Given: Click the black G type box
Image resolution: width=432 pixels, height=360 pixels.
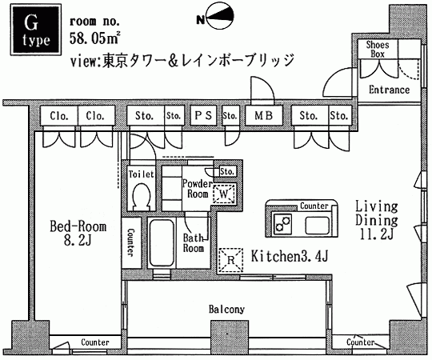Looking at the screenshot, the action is (36, 30).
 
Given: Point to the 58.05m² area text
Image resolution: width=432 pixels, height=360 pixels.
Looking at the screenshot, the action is (94, 38).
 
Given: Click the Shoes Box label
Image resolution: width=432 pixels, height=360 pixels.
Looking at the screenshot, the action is (377, 49).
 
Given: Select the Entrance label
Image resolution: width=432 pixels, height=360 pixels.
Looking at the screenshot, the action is (389, 90).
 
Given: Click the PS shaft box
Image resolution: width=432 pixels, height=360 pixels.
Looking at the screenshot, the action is (203, 115).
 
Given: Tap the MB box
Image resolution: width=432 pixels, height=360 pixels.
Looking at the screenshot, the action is (264, 115).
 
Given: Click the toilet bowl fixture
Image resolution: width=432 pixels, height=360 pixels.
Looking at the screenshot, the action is (142, 196).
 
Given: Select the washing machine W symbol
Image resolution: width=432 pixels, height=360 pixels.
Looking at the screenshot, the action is (224, 194).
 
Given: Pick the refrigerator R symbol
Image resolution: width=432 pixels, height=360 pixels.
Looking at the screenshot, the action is (231, 260).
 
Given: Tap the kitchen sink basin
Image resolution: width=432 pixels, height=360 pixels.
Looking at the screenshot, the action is (317, 226).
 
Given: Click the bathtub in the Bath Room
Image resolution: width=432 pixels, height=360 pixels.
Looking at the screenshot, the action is (162, 242).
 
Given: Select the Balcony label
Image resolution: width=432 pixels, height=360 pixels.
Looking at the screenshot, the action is (226, 310).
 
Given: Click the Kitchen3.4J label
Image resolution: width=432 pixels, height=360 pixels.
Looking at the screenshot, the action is (290, 257).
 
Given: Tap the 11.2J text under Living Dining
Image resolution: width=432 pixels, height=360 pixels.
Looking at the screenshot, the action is (376, 234).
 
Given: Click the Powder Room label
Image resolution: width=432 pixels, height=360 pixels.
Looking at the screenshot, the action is (197, 189).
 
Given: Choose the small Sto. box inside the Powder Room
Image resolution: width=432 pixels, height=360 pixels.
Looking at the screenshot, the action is (227, 171).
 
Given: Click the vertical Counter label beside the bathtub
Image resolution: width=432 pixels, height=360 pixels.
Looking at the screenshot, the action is (130, 242).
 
